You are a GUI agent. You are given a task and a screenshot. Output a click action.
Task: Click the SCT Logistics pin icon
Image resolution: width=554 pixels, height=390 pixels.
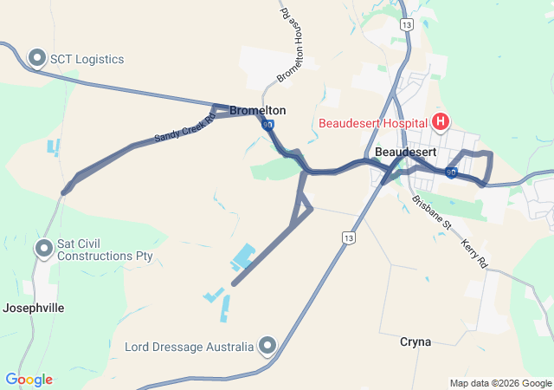37,58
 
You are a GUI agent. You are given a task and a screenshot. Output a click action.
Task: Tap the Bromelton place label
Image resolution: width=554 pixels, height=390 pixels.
258,110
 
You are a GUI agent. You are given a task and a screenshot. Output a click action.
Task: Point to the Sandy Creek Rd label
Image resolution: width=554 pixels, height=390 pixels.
184,127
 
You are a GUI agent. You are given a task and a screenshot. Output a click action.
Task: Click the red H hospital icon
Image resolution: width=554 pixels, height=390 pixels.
441,122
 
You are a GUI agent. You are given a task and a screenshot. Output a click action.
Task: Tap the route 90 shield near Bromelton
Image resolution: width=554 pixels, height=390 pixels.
267,125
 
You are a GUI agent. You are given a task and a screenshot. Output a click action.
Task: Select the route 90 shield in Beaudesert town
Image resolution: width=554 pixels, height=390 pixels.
451,173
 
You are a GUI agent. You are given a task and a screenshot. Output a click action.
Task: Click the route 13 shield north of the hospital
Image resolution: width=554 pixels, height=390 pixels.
406,25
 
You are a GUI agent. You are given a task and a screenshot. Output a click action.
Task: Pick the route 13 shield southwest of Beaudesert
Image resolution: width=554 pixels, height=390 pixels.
348,237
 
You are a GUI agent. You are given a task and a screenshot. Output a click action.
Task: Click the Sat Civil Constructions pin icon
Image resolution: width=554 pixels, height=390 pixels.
43,250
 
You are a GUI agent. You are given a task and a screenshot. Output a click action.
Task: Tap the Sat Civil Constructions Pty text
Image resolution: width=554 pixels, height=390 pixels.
104,250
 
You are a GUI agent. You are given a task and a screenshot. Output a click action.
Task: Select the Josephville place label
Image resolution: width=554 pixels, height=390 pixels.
34,308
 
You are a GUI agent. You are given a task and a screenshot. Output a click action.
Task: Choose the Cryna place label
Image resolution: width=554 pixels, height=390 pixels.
415,341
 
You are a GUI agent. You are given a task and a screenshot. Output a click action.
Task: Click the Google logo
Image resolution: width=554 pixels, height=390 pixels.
29,380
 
